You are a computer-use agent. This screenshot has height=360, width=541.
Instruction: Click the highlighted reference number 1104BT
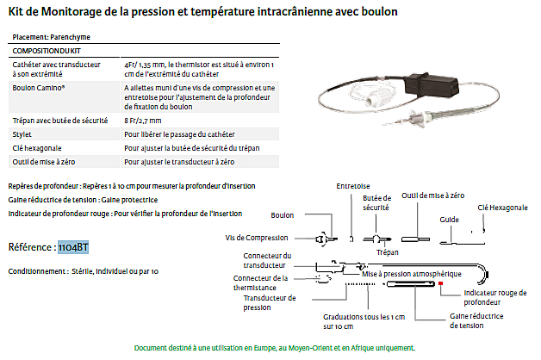click(72, 248)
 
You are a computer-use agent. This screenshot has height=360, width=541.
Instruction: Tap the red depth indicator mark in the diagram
click(440, 282)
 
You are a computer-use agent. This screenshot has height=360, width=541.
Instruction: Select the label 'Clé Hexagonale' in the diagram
click(502, 208)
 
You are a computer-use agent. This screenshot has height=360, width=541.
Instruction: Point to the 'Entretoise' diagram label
click(353, 184)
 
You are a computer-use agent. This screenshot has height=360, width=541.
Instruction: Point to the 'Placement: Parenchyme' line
click(51, 37)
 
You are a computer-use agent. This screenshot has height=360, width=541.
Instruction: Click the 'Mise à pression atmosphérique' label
click(412, 273)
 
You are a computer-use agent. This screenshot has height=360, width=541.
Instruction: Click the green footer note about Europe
click(275, 348)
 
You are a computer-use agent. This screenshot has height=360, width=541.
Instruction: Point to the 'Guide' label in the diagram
click(448, 220)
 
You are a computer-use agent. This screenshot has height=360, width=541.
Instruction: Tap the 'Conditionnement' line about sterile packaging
click(83, 271)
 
